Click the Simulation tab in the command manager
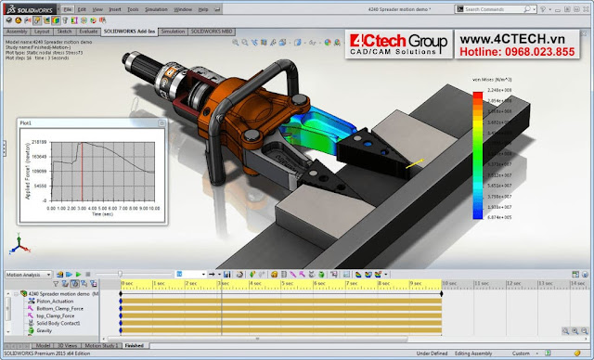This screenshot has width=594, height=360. coord(172,31)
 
